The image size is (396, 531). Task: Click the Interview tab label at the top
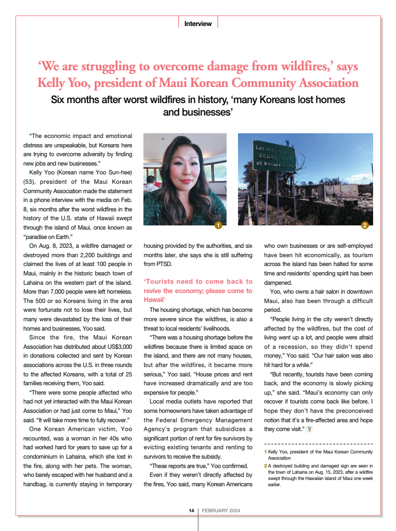[x=198, y=23]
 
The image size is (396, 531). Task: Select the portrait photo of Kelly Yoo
[x=184, y=180]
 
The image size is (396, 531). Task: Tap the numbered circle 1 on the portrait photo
[x=218, y=225]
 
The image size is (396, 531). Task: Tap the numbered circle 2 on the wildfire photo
[x=365, y=225]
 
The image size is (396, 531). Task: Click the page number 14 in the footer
[x=191, y=511]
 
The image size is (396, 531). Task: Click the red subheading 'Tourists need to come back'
[x=198, y=282]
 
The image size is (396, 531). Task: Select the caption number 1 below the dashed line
[x=266, y=452]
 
